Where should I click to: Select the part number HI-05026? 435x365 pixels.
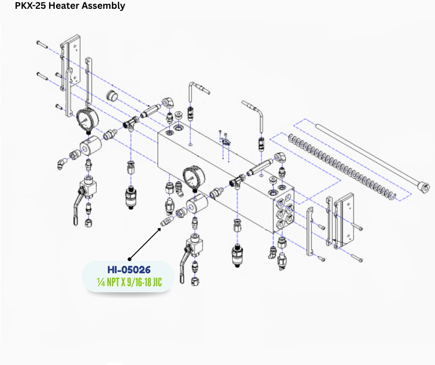(129, 270)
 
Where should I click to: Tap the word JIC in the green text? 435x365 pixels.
(157, 282)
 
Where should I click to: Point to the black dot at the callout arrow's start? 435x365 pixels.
(130, 259)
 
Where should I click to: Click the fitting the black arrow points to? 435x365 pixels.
(167, 221)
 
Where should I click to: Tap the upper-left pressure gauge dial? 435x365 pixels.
(87, 120)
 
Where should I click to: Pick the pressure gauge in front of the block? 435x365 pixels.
(193, 178)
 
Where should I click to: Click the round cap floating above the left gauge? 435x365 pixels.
(112, 96)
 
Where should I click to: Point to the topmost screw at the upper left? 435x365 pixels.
(42, 44)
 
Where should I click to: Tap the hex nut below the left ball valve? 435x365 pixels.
(88, 222)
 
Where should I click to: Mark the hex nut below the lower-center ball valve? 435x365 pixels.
(196, 281)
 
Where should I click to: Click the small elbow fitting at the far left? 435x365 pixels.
(62, 164)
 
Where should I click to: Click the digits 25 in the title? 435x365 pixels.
(41, 5)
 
